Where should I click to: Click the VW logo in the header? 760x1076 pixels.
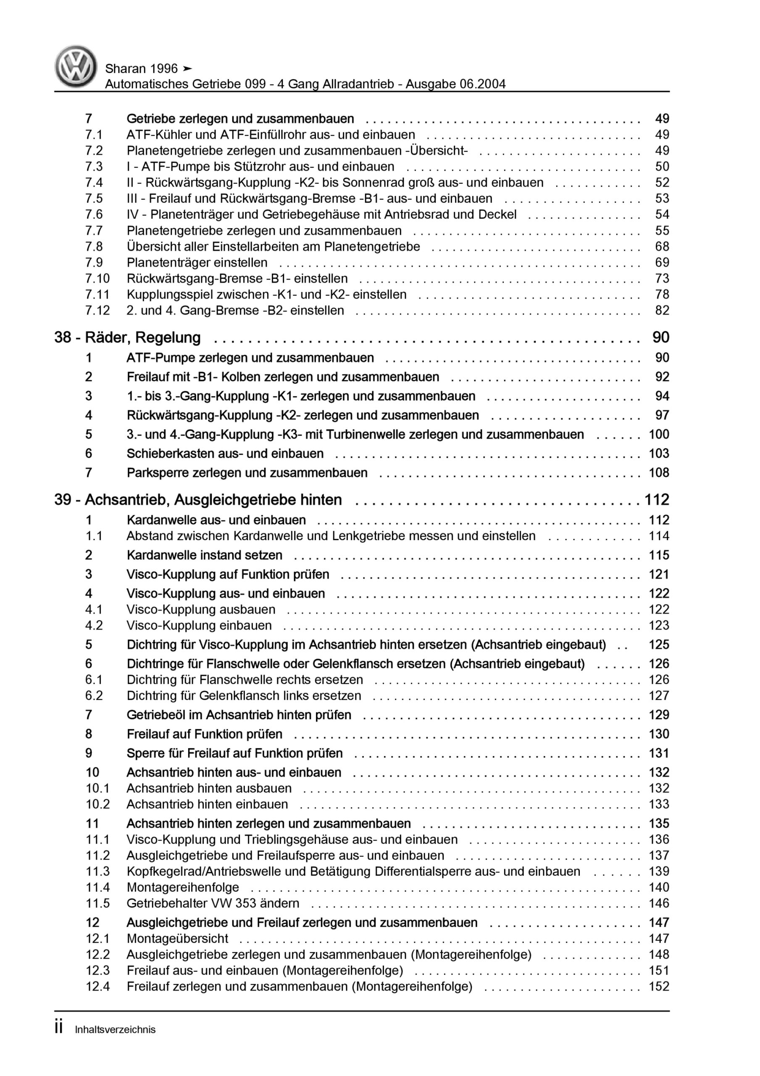coord(76,66)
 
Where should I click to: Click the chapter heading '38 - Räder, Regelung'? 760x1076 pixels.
coord(127,338)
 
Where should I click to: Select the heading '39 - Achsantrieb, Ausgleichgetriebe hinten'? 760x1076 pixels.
coord(198,500)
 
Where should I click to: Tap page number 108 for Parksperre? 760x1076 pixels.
coord(658,473)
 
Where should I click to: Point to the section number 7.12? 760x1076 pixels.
coord(97,311)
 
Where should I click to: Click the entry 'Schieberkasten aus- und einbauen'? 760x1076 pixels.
coord(225,454)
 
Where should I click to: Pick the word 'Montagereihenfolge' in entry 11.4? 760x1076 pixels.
coord(183,887)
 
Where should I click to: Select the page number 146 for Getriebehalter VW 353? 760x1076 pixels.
coord(658,903)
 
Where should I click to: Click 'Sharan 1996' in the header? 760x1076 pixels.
coord(142,69)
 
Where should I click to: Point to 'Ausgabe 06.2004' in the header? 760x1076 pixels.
coord(455,84)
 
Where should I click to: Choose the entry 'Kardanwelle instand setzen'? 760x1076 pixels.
coord(204,555)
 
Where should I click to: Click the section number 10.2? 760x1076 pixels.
coord(97,804)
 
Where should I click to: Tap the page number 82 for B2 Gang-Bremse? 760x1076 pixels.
coord(662,311)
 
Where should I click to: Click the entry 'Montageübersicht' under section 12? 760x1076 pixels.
coord(177,939)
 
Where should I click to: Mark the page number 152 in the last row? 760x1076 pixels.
coord(658,986)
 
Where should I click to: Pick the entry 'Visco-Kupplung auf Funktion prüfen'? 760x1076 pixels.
coord(228,575)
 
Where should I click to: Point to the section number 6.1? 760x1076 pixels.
coord(94,680)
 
